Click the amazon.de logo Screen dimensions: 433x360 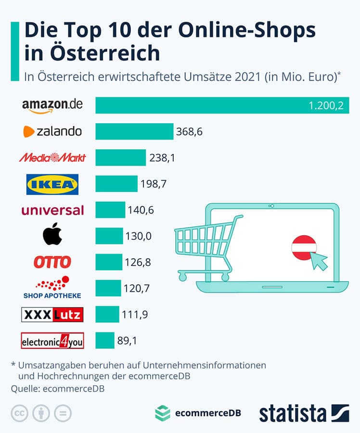pyautogui.click(x=52, y=105)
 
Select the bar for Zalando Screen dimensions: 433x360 pyautogui.click(x=134, y=131)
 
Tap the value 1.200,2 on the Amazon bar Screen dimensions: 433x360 pyautogui.click(x=326, y=106)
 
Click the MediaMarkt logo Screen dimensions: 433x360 pyautogui.click(x=52, y=157)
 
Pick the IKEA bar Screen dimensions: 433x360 pyautogui.click(x=116, y=183)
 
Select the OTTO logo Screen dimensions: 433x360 pyautogui.click(x=52, y=262)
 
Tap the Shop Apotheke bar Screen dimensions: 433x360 pyautogui.click(x=108, y=288)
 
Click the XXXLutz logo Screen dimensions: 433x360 pyautogui.click(x=52, y=315)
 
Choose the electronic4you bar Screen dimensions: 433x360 pyautogui.click(x=105, y=341)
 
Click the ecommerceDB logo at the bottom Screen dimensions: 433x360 pyautogui.click(x=198, y=413)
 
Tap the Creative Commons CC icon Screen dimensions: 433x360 pyautogui.click(x=18, y=413)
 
